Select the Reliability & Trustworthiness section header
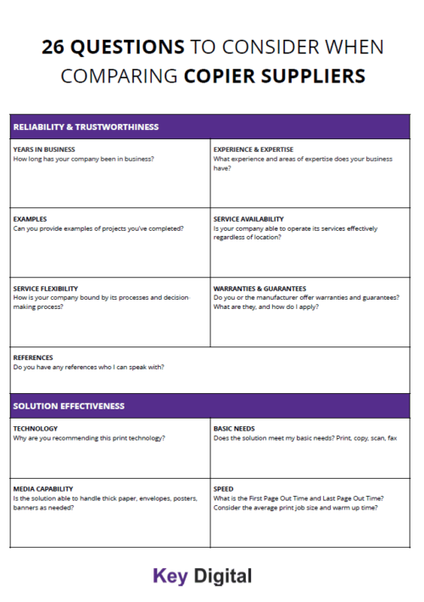[x=86, y=127]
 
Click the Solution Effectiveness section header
[x=69, y=406]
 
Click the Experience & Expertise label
[x=254, y=149]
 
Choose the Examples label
[x=30, y=218]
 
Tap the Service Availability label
[x=248, y=218]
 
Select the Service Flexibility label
[x=42, y=288]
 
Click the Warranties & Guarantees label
[x=259, y=288]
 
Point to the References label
[x=33, y=357]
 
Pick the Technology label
[x=36, y=429]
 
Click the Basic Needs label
[x=234, y=429]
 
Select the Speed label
[x=224, y=488]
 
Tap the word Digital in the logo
[x=220, y=577]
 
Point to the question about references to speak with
[x=89, y=367]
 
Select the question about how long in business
[x=84, y=159]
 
